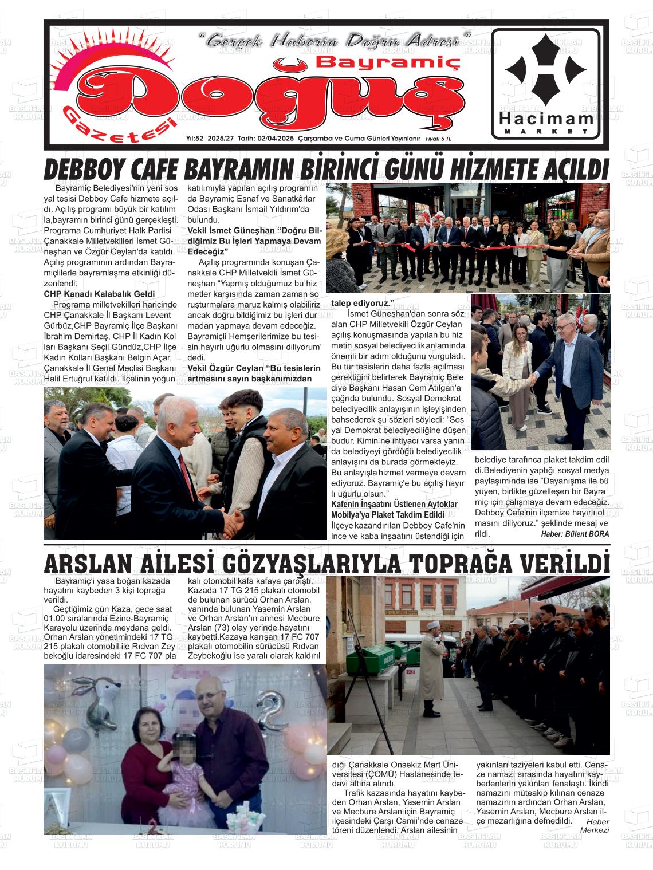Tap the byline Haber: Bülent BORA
tap(575, 534)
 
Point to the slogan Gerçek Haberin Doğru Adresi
tap(335, 41)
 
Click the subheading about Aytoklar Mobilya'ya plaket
tap(395, 509)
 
